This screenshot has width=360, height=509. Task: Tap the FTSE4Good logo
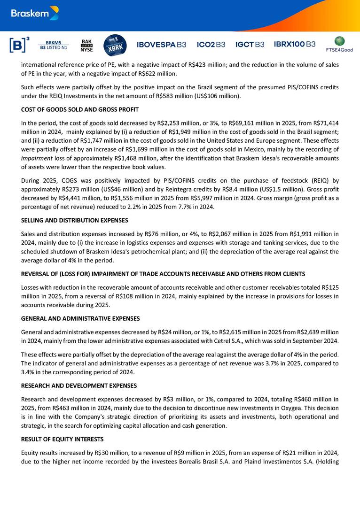[339, 44]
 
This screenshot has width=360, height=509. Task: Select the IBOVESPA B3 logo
[161, 45]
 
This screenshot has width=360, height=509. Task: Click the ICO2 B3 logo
[211, 45]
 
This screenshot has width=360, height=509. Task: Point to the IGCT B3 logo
[250, 45]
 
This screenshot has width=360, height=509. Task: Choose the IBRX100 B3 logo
[295, 45]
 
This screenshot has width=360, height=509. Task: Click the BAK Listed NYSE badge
[87, 45]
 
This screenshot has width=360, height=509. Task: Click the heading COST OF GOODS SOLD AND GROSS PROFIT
[80, 110]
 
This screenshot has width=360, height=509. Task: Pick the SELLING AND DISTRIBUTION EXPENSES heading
[75, 220]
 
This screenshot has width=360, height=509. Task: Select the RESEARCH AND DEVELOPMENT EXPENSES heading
[79, 386]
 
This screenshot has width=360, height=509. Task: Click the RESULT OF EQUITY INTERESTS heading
[63, 439]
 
